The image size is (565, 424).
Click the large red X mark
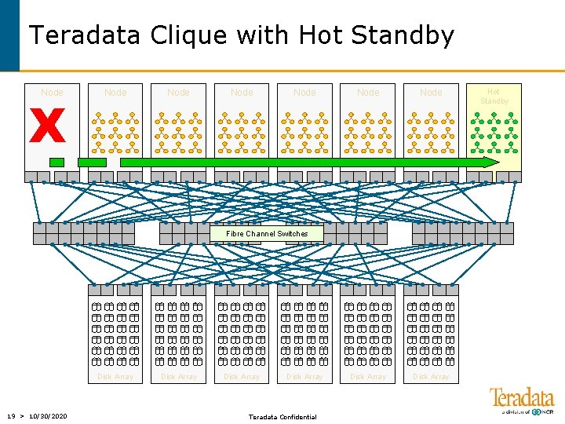[47, 126]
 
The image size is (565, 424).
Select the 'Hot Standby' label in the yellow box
[494, 97]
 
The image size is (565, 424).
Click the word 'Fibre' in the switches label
[235, 234]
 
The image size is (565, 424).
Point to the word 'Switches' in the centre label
[292, 234]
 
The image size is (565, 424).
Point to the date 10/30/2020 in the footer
[47, 415]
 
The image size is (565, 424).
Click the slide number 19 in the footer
[11, 415]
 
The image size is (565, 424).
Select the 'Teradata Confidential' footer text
[282, 416]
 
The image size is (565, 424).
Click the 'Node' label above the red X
[52, 93]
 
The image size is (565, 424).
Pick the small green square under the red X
[56, 162]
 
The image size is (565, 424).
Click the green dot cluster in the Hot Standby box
[494, 131]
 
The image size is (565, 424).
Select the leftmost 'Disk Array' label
[115, 377]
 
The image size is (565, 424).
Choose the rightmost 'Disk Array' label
[431, 377]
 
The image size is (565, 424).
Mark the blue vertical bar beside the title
[9, 35]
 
